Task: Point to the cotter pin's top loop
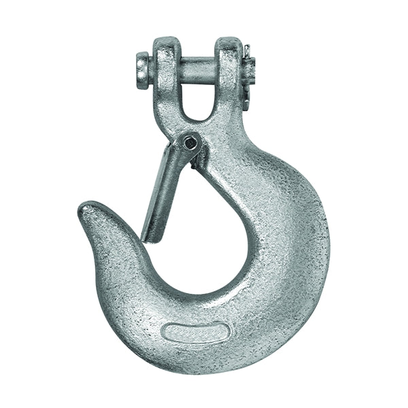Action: (250, 49)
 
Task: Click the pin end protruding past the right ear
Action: (247, 68)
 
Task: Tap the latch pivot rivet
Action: (191, 142)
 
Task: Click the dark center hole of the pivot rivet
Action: (192, 143)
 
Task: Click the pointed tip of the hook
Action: (85, 207)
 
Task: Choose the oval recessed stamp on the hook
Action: (196, 333)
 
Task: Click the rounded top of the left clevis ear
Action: (163, 42)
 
